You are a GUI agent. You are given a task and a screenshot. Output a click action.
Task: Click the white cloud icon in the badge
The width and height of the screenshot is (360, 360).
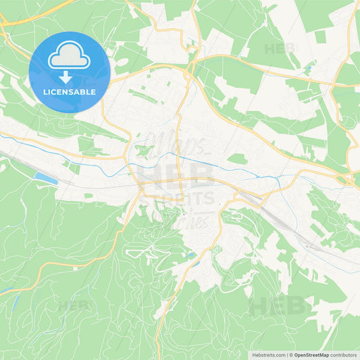tap(70, 59)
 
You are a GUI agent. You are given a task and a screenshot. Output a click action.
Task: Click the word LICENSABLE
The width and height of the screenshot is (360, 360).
tap(70, 92)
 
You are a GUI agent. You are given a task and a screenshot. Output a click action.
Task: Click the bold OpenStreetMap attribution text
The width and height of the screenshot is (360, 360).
tap(311, 355)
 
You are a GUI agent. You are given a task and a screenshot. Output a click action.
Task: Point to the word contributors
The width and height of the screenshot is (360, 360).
tap(344, 355)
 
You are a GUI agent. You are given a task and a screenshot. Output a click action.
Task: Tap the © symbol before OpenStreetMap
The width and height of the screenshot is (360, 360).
tap(290, 355)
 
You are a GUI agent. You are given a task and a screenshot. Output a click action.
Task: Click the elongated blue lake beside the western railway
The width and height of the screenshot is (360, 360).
tap(45, 178)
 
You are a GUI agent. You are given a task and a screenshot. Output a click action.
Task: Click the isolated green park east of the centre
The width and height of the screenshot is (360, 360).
tap(236, 159)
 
